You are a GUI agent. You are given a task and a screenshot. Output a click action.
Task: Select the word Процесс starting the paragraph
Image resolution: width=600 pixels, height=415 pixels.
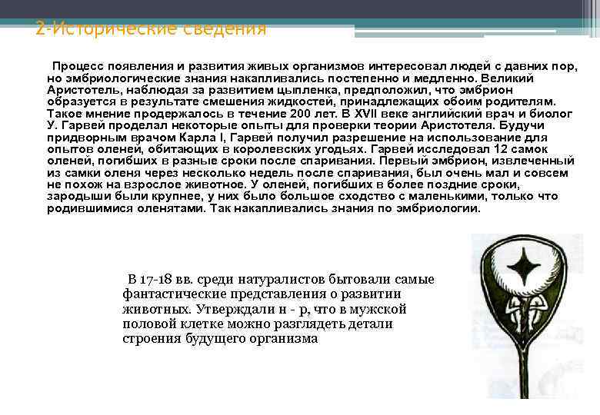(77, 67)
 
